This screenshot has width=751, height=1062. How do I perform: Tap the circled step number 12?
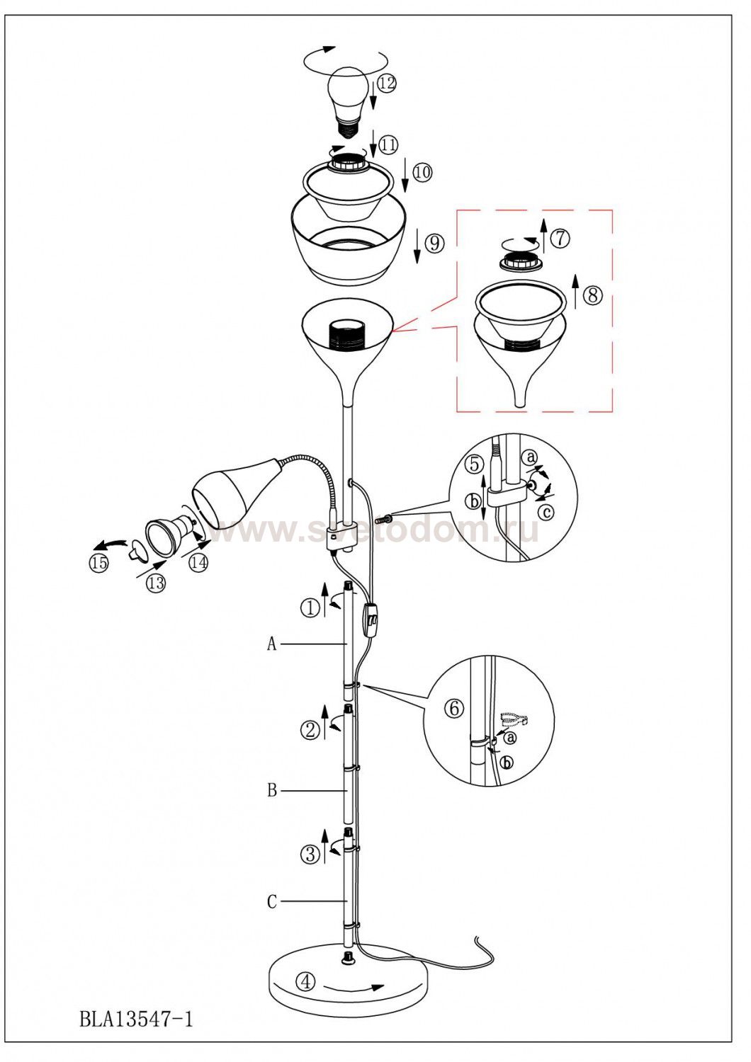click(386, 84)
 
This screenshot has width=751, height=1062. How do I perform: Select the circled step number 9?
click(434, 243)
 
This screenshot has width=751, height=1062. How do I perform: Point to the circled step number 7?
click(560, 238)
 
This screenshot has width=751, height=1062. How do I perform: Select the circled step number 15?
click(98, 564)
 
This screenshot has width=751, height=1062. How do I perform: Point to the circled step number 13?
click(156, 583)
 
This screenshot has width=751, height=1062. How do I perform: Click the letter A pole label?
click(271, 644)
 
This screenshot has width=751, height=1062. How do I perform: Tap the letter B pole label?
click(272, 791)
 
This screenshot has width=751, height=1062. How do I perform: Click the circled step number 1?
click(311, 607)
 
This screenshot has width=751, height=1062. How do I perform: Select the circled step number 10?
click(422, 172)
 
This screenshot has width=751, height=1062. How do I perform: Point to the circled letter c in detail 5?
click(548, 512)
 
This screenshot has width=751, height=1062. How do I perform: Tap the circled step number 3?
click(311, 855)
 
